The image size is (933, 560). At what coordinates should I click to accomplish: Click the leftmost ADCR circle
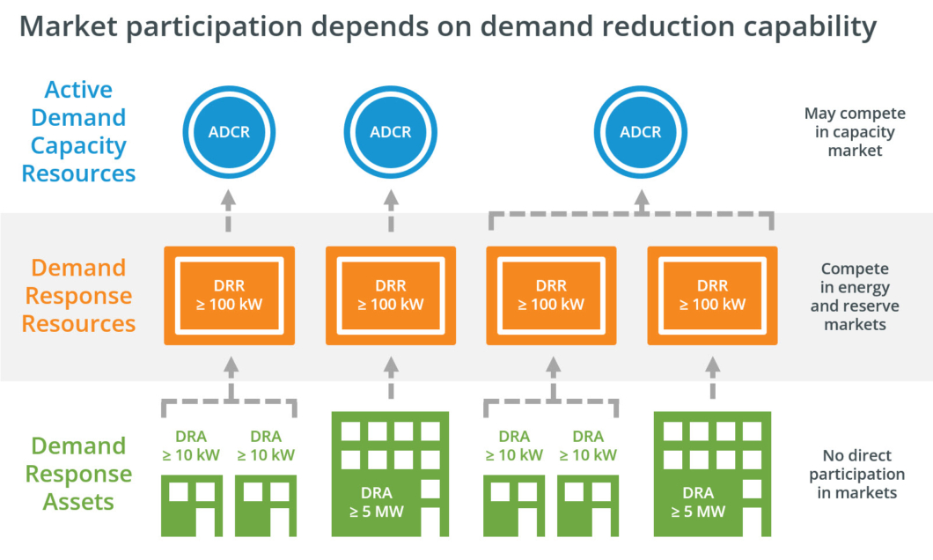click(229, 132)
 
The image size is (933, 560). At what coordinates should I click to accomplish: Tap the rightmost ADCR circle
click(640, 132)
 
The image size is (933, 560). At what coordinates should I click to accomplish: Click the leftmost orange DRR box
click(229, 296)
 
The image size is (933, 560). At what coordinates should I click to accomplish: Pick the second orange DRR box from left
click(390, 296)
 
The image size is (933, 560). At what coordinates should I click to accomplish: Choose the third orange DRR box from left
click(551, 296)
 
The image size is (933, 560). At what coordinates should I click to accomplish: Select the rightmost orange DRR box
click(712, 296)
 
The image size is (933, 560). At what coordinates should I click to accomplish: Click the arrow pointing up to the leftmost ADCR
click(229, 210)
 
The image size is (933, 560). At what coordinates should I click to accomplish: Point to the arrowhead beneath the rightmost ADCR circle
click(642, 198)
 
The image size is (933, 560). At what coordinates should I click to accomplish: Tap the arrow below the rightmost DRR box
click(712, 378)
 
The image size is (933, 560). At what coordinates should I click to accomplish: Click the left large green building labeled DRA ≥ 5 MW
click(390, 474)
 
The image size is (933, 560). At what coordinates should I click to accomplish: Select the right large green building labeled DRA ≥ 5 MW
click(712, 474)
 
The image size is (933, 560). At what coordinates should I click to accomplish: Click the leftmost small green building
click(192, 505)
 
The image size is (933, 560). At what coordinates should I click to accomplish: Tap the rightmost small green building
click(588, 505)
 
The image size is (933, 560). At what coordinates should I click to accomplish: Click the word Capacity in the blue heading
click(78, 146)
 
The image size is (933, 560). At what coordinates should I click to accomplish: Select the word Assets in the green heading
click(78, 502)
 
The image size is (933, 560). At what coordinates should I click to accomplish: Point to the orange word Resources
click(78, 324)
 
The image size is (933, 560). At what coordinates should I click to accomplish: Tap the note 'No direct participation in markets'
click(856, 474)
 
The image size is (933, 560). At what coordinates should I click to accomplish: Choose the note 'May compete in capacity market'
click(855, 131)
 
